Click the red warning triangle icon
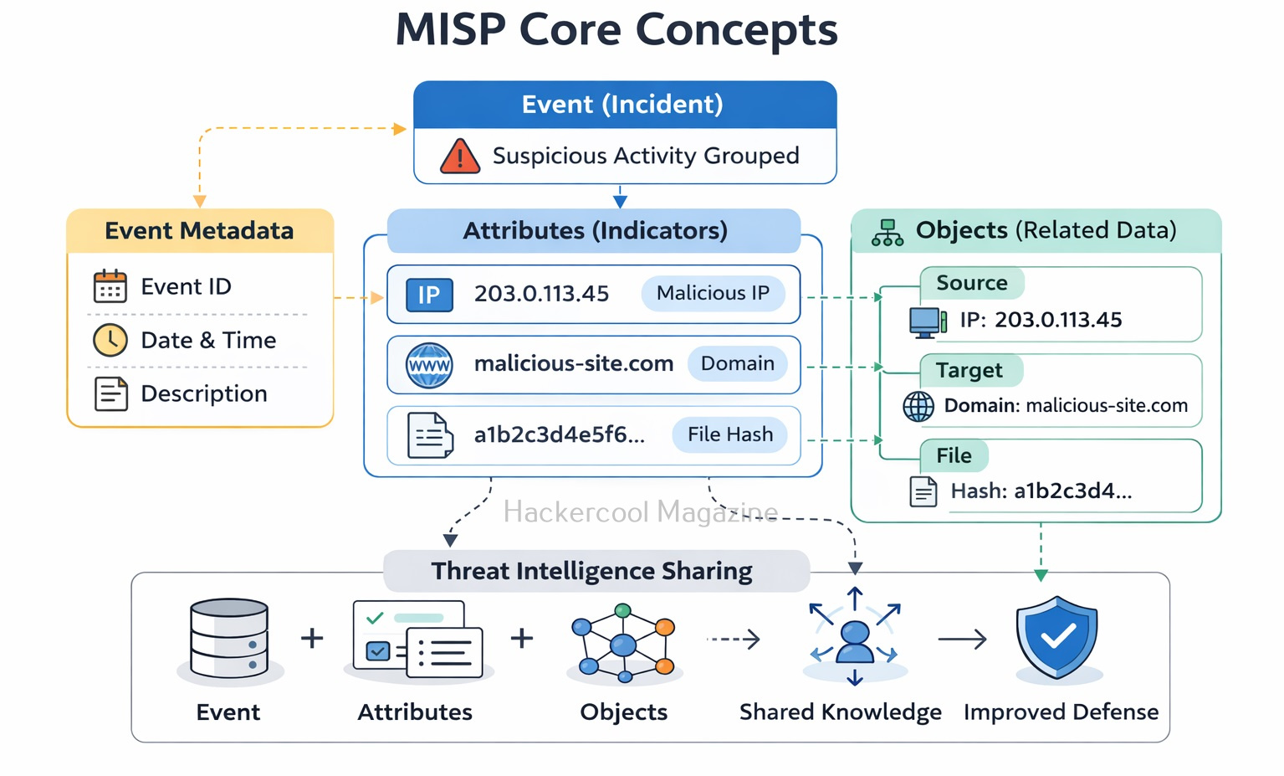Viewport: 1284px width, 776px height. (x=459, y=157)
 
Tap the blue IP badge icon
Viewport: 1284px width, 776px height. (x=429, y=295)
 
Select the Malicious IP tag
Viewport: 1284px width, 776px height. (x=713, y=293)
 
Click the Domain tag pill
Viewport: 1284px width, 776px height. (x=737, y=363)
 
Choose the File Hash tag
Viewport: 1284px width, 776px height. (x=729, y=434)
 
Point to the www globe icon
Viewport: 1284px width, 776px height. (x=429, y=365)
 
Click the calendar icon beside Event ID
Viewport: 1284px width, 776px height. (x=110, y=286)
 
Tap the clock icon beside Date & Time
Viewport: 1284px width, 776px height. (x=110, y=340)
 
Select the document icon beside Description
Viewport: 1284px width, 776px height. (x=110, y=393)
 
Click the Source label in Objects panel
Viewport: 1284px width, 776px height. (x=971, y=283)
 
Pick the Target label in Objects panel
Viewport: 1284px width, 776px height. (x=969, y=370)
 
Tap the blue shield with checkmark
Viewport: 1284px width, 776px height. (x=1056, y=637)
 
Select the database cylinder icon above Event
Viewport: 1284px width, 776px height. (x=229, y=638)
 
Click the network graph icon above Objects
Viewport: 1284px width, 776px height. (x=623, y=641)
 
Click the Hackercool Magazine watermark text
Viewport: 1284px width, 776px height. (x=640, y=511)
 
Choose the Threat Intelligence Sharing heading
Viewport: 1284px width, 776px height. (x=591, y=571)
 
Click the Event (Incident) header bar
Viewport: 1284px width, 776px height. (x=624, y=105)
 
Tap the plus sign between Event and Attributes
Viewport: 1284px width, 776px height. (x=312, y=638)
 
